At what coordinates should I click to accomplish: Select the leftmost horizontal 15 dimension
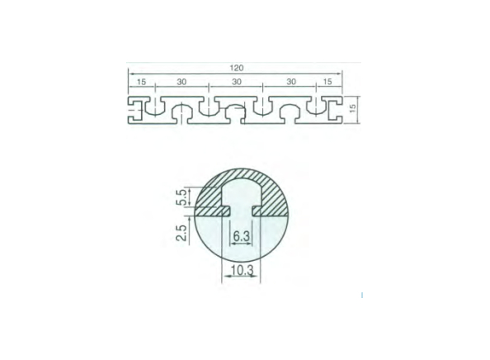click(x=140, y=81)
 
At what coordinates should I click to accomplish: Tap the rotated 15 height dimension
click(x=352, y=108)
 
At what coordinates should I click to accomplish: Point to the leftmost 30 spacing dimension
click(x=182, y=81)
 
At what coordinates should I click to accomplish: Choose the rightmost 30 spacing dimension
click(x=290, y=81)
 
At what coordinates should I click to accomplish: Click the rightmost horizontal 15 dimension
click(x=329, y=81)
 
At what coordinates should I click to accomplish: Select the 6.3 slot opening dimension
click(x=240, y=236)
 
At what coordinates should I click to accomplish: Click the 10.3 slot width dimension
click(x=240, y=269)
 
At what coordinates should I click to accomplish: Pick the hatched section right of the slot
click(x=272, y=198)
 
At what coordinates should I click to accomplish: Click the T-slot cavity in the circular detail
click(x=240, y=198)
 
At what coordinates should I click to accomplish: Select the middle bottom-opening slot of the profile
click(x=236, y=115)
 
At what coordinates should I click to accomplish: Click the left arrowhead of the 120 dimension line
click(x=130, y=73)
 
